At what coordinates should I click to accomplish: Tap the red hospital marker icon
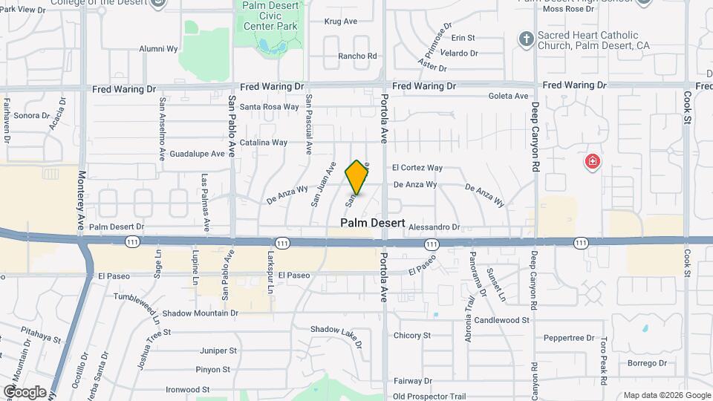coord(592,161)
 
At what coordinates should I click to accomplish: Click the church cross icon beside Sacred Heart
coord(526,39)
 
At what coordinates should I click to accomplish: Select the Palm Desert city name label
coord(373,223)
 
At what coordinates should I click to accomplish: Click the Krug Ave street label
coord(341,22)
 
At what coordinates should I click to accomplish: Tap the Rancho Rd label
coord(358,56)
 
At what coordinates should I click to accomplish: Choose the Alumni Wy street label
coord(159,49)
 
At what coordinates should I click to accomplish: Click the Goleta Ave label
coord(508,96)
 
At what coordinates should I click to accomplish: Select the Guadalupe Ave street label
coord(197,154)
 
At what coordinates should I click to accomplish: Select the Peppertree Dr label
coord(570,338)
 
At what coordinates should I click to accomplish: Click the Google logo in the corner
coord(25,391)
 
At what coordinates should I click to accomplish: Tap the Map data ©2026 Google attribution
coord(665,395)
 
